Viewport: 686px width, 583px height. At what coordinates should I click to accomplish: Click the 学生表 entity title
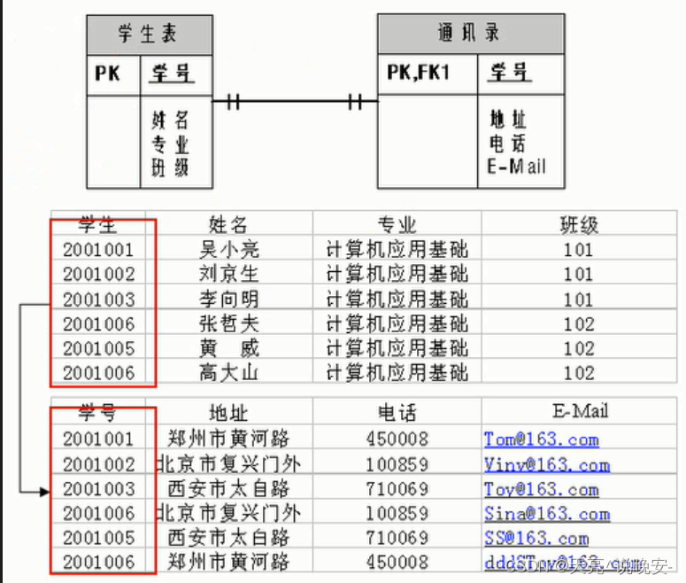[x=148, y=35]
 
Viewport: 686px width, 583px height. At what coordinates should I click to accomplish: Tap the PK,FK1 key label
[x=418, y=73]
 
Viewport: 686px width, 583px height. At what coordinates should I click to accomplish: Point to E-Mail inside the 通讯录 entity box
[x=516, y=166]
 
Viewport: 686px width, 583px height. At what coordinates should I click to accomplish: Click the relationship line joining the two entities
[x=295, y=101]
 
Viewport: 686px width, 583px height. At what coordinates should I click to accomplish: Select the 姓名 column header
[x=227, y=223]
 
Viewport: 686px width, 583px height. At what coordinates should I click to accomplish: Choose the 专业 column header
[x=397, y=223]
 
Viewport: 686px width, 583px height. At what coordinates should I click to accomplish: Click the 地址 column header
[x=227, y=412]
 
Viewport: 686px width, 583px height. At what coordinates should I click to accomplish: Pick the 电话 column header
[x=397, y=412]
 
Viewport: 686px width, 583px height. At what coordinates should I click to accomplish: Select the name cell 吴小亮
[x=229, y=249]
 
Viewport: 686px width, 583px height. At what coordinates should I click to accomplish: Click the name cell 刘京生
[x=229, y=274]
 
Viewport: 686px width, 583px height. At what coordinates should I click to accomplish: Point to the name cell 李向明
[x=229, y=299]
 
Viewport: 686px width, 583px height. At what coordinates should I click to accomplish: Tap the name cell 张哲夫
[x=229, y=323]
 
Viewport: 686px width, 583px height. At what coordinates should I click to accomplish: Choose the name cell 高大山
[x=229, y=373]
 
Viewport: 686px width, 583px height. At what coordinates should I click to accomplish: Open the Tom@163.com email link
[x=541, y=439]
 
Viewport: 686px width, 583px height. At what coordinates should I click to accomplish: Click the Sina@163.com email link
[x=546, y=514]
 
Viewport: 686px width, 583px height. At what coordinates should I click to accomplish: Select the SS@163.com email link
[x=536, y=538]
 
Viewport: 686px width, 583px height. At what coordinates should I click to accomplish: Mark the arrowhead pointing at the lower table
[x=43, y=489]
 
